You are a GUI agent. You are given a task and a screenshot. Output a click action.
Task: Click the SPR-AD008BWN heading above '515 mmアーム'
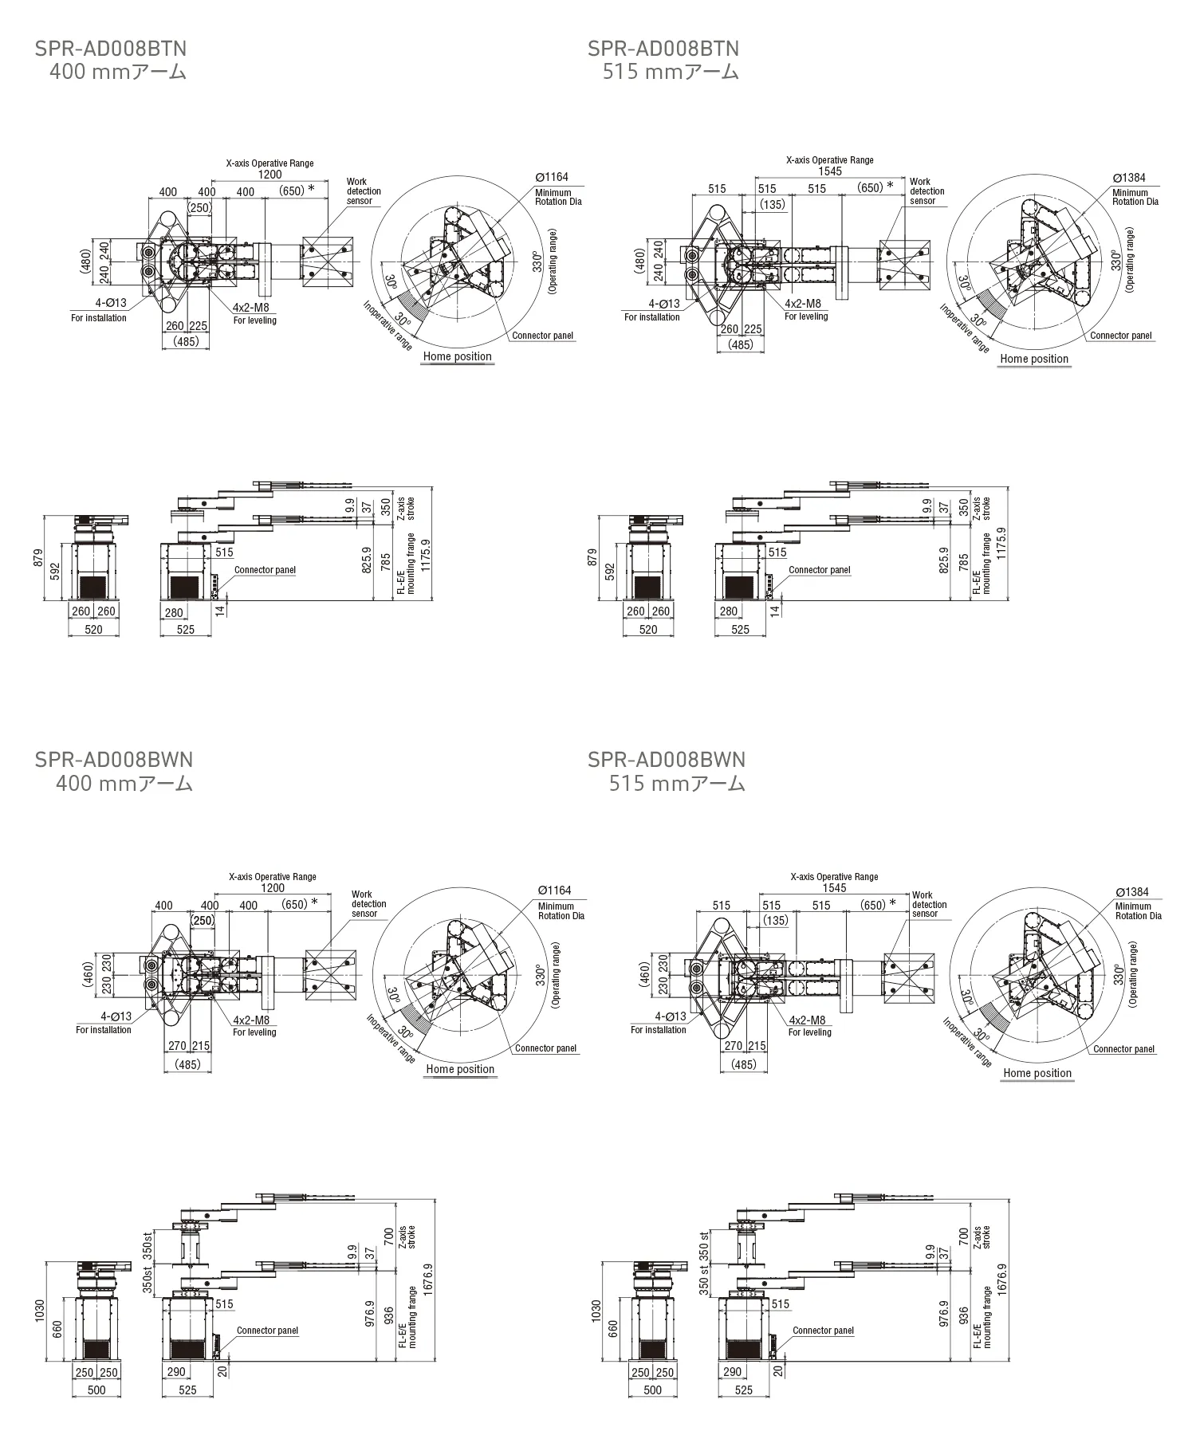point(666,760)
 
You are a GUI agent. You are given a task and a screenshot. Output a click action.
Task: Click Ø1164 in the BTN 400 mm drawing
point(552,177)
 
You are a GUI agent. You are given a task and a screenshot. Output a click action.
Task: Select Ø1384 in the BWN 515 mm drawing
point(1132,892)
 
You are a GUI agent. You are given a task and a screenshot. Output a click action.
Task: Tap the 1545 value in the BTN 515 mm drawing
point(830,171)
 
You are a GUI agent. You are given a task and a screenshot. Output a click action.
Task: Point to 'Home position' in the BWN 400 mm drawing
point(460,1070)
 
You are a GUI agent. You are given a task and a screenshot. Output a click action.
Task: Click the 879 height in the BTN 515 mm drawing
point(592,556)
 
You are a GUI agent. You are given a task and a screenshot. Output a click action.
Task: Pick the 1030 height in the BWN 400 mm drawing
point(40,1310)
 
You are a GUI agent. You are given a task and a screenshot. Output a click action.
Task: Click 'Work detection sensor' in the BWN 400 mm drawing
point(368,904)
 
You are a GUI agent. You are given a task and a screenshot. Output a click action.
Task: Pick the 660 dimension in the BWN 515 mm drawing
point(613,1329)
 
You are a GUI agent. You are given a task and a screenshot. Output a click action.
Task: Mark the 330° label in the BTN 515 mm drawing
point(1116,261)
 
